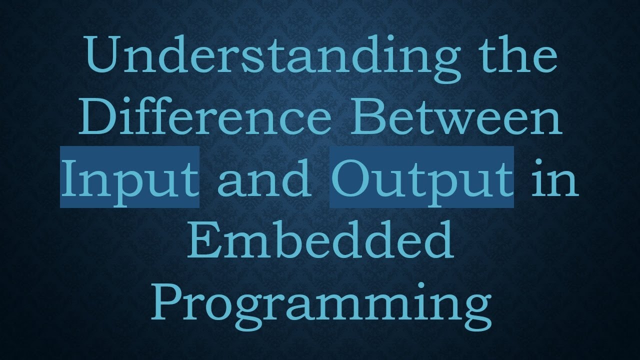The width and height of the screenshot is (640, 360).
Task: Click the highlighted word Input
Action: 129,177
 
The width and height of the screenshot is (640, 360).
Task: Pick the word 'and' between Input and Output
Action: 264,177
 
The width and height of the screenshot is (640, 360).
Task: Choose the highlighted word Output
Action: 421,177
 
